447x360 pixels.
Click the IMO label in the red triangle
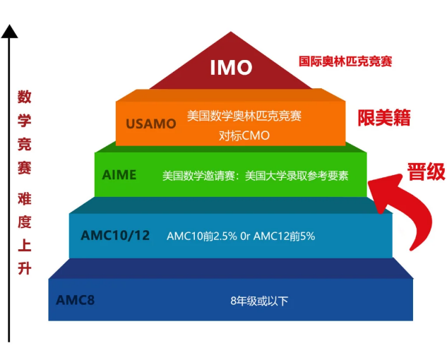tap(231, 68)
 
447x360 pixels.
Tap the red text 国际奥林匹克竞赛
tap(345, 61)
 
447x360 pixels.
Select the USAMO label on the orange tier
tap(151, 124)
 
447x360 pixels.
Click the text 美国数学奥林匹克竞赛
tap(244, 116)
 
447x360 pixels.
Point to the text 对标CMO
tap(244, 136)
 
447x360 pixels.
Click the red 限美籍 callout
tap(384, 118)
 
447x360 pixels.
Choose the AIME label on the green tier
tap(119, 175)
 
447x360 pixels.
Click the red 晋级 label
tap(427, 172)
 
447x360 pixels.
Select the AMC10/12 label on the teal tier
tap(115, 236)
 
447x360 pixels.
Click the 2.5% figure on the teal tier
tap(225, 236)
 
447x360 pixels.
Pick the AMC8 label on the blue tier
tap(76, 300)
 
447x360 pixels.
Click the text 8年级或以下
tap(259, 301)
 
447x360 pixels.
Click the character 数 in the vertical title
tap(25, 97)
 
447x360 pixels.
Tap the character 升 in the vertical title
tap(25, 268)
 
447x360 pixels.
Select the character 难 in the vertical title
tap(25, 198)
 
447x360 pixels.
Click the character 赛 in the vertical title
tap(25, 168)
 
